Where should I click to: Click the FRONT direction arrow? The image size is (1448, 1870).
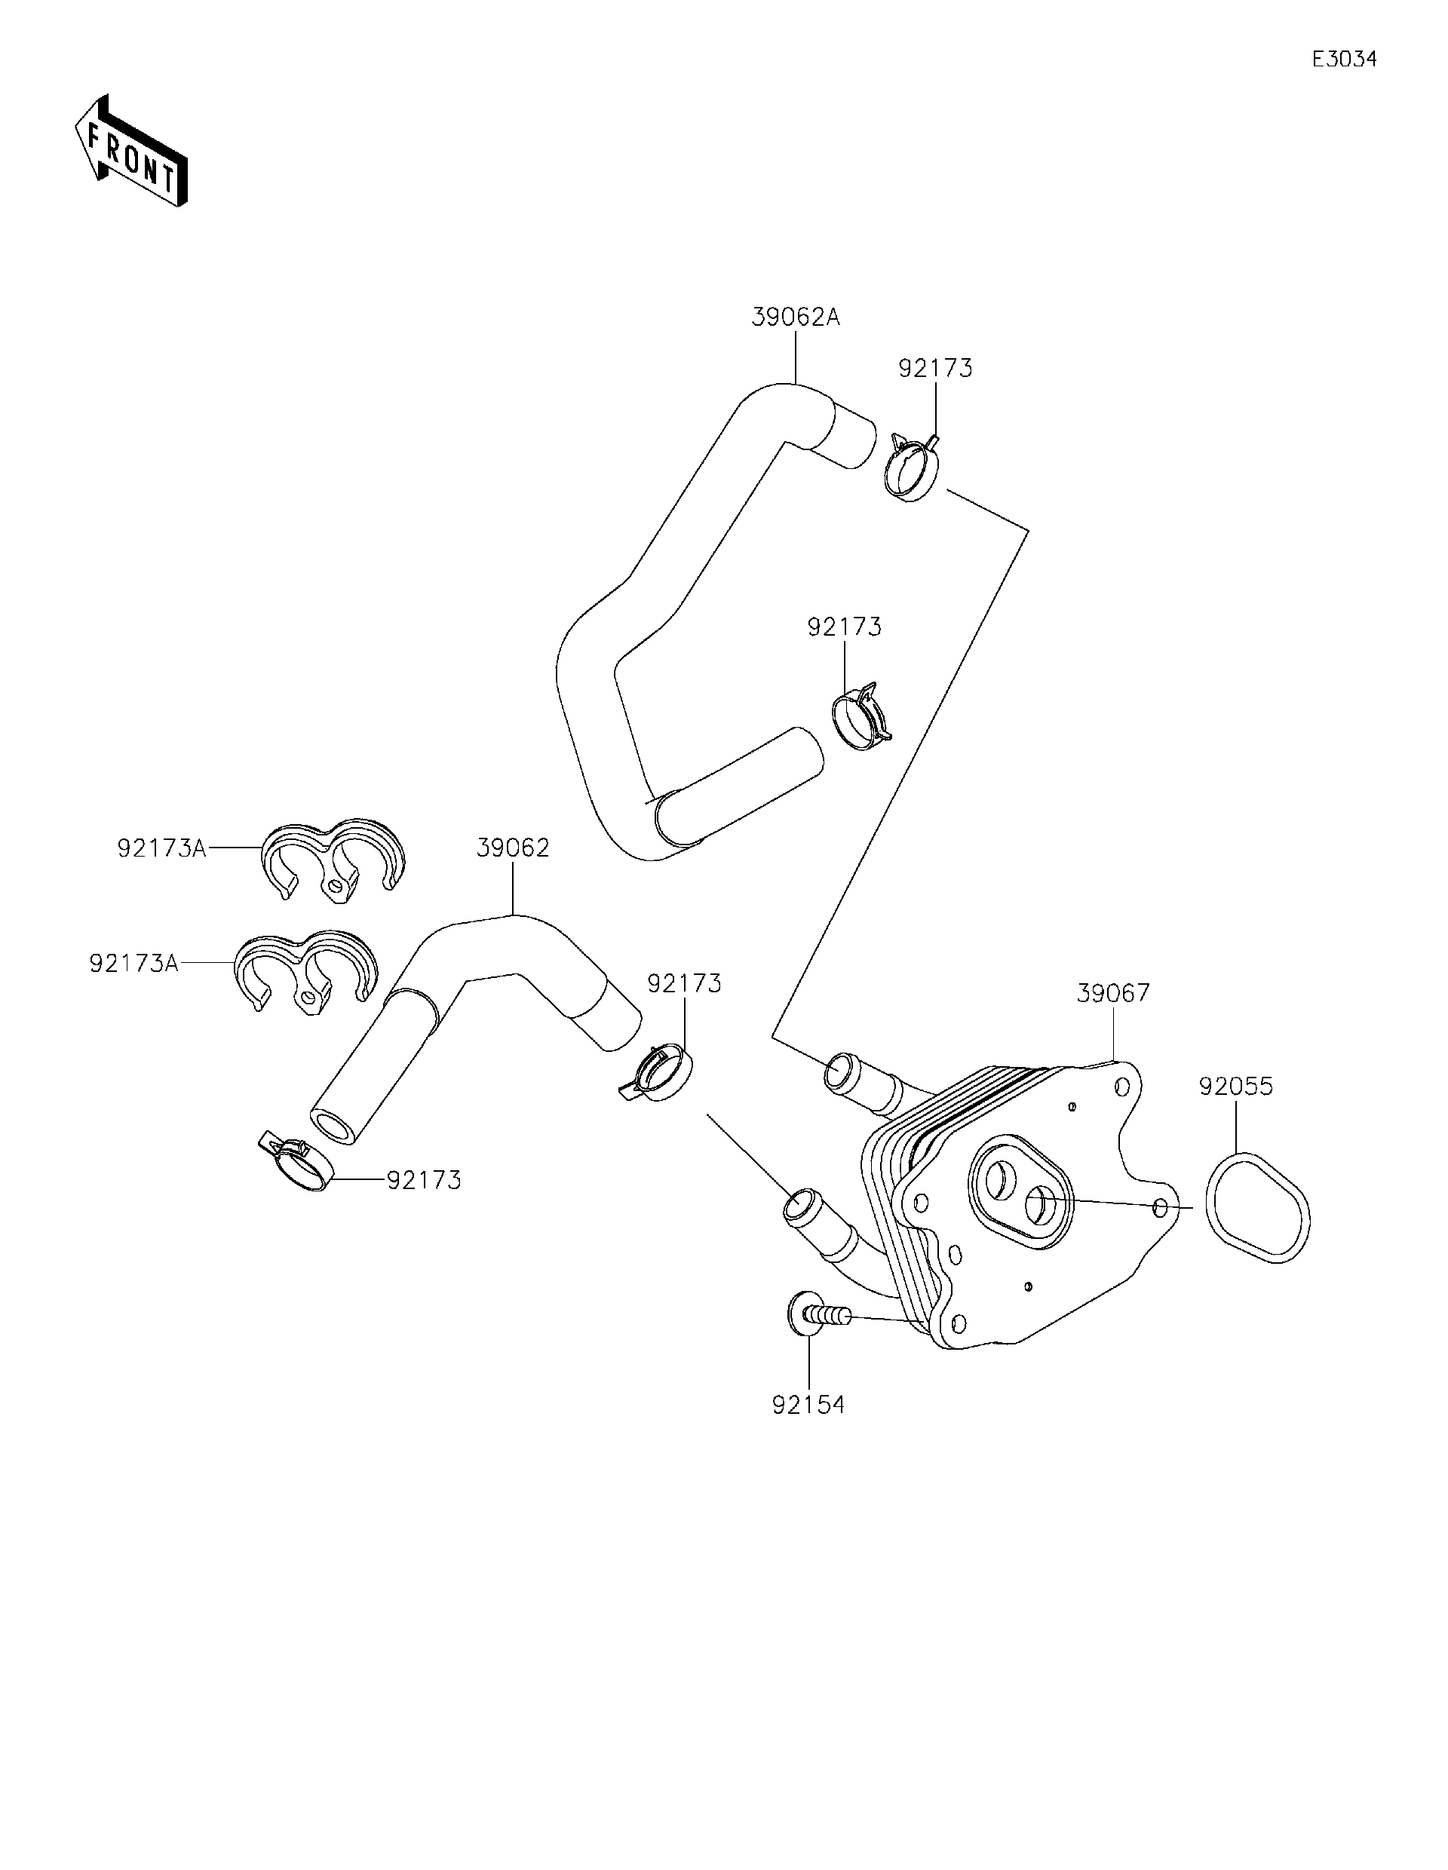click(x=131, y=150)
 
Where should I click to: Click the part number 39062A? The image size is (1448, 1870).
click(x=796, y=317)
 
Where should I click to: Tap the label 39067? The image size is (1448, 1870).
click(x=1113, y=993)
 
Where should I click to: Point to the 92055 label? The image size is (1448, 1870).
click(x=1235, y=1087)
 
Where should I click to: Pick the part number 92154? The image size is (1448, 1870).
click(x=808, y=1405)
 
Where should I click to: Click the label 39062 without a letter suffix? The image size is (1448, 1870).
click(x=513, y=848)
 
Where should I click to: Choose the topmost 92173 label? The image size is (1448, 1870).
click(x=935, y=368)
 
